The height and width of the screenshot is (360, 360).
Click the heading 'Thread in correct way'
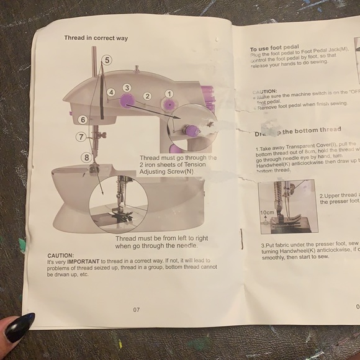96,38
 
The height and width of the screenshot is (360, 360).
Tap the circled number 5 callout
107,60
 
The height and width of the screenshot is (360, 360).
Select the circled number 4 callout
110,92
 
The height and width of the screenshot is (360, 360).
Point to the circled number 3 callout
127,88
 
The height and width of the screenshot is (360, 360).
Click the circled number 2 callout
148,96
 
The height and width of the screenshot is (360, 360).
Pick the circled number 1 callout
168,94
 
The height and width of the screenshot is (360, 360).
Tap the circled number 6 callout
82,119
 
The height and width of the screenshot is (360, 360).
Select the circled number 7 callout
81,137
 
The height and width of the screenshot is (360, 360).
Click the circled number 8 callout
87,158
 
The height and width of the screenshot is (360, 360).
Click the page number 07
137,309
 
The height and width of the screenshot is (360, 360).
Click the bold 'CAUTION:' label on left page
60,255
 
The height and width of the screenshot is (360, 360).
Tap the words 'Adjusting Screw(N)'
166,173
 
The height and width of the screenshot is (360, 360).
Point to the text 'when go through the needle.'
161,245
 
